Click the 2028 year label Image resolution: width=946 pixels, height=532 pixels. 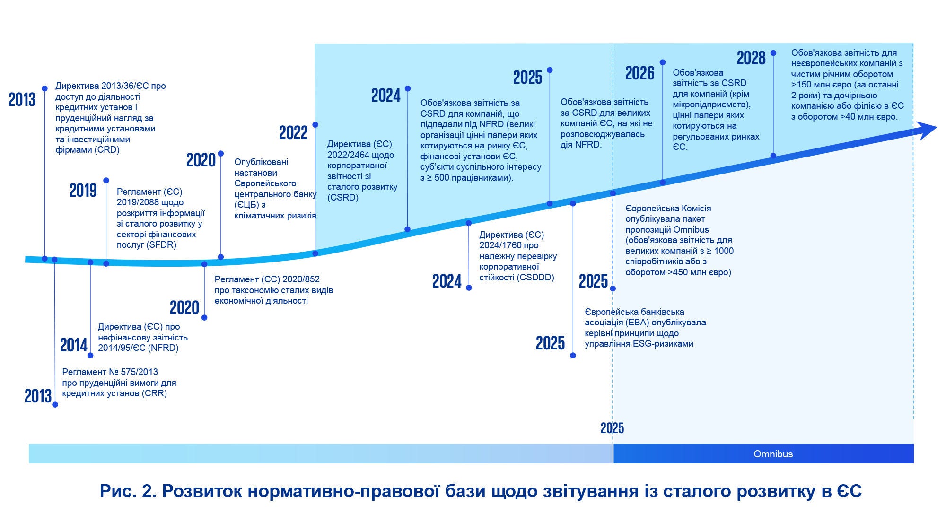click(751, 58)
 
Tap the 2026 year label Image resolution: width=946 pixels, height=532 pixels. click(639, 73)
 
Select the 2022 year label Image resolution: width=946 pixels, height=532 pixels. click(293, 133)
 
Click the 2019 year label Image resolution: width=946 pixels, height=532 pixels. click(83, 191)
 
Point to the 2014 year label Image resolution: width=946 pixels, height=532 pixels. click(74, 346)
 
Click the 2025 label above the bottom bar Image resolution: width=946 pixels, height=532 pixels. click(612, 428)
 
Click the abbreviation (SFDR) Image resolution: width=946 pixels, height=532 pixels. click(161, 245)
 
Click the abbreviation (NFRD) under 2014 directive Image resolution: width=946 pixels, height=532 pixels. click(163, 348)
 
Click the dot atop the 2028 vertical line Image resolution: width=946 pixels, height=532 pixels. click(773, 53)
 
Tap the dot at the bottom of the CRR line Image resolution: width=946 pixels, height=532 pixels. click(55, 405)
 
